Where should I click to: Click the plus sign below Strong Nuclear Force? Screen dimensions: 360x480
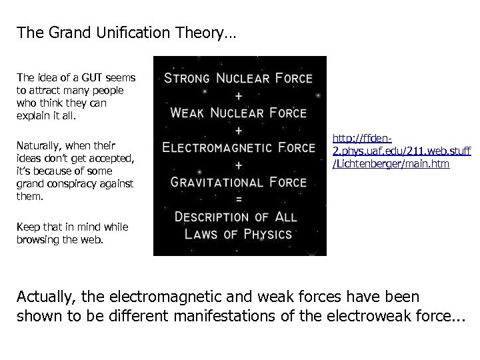(x=238, y=95)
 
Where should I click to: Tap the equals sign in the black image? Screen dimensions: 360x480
(x=238, y=199)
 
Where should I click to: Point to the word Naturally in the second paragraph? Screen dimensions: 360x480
(x=38, y=145)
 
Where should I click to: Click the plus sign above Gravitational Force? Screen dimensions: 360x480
(x=238, y=165)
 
